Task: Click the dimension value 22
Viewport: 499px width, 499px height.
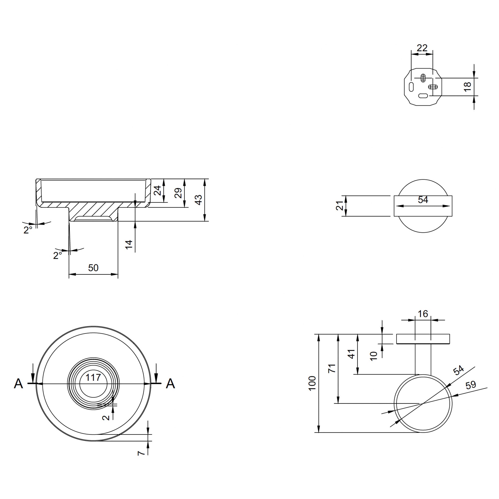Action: click(x=422, y=48)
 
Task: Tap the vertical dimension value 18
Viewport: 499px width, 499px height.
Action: click(x=468, y=87)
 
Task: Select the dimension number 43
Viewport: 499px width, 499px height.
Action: click(x=198, y=200)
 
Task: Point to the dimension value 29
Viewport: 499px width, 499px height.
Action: click(x=178, y=193)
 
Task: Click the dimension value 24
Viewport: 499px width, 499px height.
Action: click(x=157, y=191)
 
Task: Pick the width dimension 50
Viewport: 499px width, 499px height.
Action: click(x=93, y=267)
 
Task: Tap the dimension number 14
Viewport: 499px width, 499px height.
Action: click(x=129, y=244)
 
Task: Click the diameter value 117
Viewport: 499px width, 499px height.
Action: click(x=93, y=377)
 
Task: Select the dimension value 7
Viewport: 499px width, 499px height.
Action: click(x=141, y=453)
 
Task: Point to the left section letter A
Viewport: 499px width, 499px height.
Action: click(x=18, y=383)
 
